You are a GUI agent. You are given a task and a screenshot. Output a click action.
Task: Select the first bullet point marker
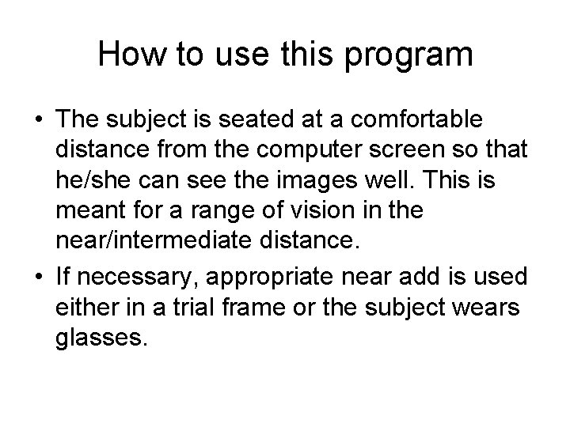[x=39, y=119]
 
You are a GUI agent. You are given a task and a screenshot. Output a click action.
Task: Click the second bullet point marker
[x=39, y=276]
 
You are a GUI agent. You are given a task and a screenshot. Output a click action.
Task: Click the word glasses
[x=101, y=339]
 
